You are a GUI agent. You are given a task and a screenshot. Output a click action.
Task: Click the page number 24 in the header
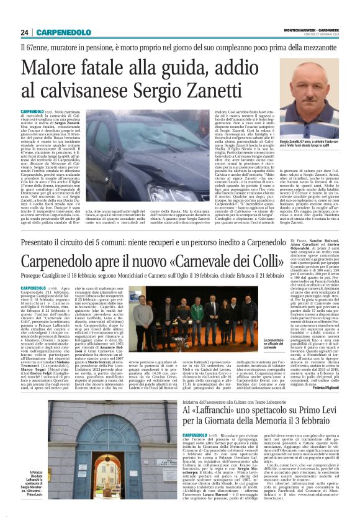point(24,32)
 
